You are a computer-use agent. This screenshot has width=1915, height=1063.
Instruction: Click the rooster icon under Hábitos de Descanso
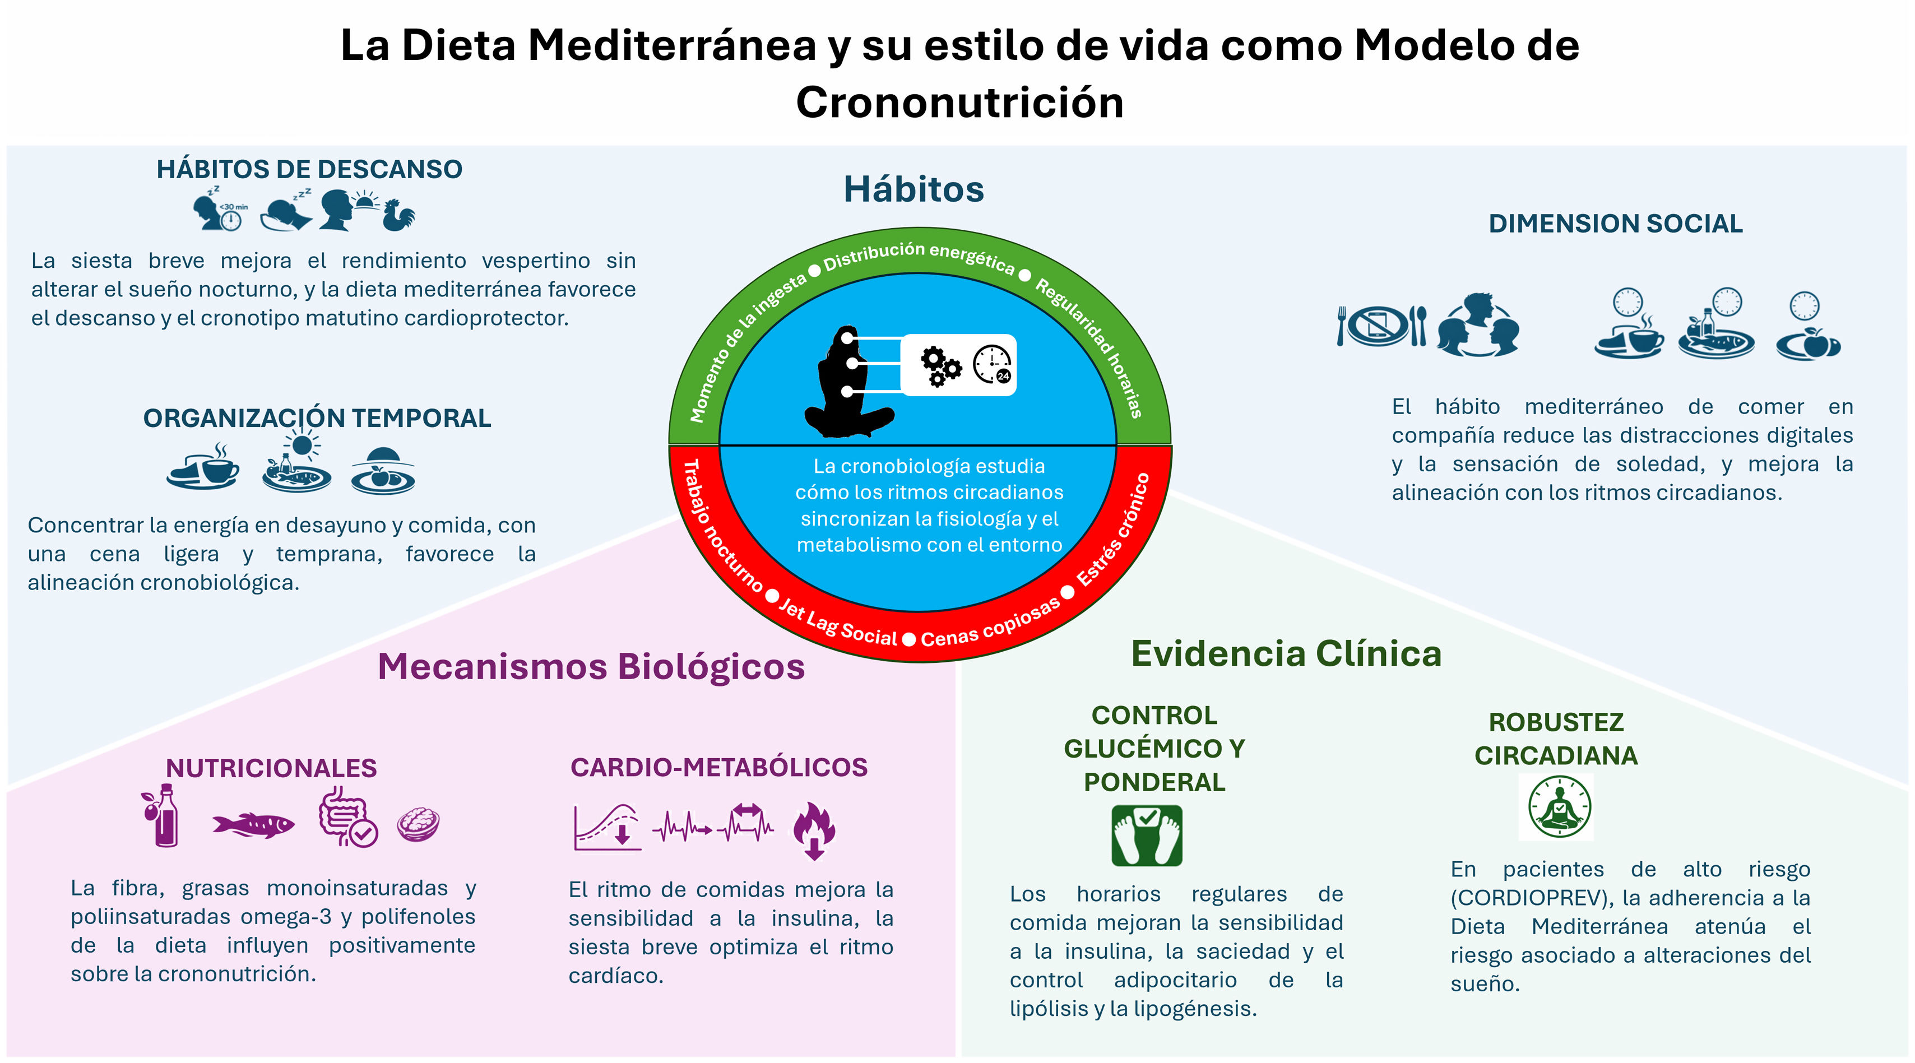click(x=398, y=215)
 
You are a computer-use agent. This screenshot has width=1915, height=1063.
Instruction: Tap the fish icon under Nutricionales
click(x=253, y=824)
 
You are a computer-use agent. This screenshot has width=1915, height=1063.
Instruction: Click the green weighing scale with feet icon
click(x=1146, y=835)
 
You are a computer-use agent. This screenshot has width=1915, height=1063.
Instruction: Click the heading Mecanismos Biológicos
click(x=591, y=666)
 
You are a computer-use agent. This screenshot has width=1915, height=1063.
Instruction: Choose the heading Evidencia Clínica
click(x=1286, y=653)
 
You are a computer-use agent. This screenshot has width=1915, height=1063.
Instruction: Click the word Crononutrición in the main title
click(x=959, y=102)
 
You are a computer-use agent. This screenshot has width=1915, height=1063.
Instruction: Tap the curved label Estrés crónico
click(x=1113, y=530)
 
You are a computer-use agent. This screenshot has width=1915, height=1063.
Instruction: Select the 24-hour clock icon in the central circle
click(x=993, y=364)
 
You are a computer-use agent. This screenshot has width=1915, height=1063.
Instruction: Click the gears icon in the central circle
click(x=940, y=366)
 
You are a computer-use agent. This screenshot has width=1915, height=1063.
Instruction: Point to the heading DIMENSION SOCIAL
click(x=1615, y=223)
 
